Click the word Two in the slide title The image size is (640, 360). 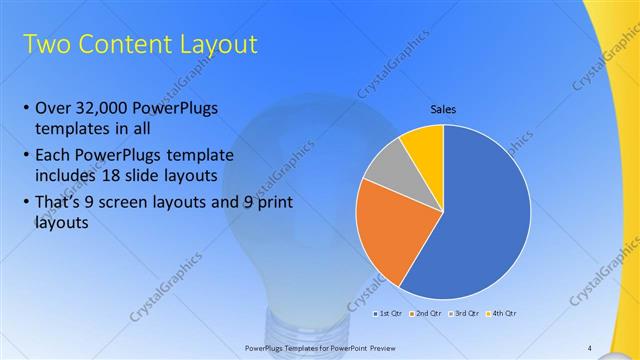44,44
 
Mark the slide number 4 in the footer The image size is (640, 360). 590,347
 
